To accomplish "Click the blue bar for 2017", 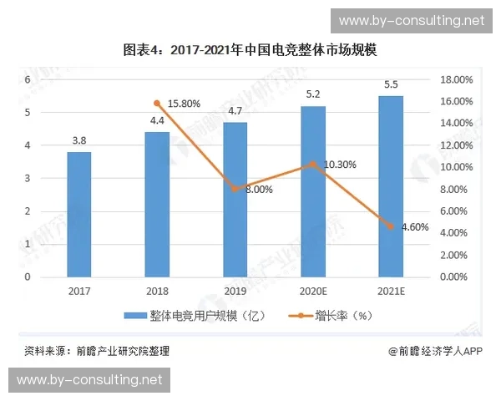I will (x=80, y=214).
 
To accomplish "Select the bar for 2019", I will (x=235, y=199).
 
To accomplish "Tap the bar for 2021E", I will (x=391, y=185).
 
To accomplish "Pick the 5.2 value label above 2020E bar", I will (x=313, y=94).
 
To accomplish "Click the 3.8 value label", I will (x=80, y=140).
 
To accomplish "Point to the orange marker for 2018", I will (x=158, y=104).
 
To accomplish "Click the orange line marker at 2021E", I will (x=391, y=226).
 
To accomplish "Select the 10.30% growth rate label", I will (x=340, y=165).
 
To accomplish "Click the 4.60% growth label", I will (x=415, y=226).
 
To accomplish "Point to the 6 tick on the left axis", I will (x=28, y=79).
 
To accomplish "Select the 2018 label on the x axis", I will (x=158, y=290).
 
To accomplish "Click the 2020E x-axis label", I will (x=313, y=290).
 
